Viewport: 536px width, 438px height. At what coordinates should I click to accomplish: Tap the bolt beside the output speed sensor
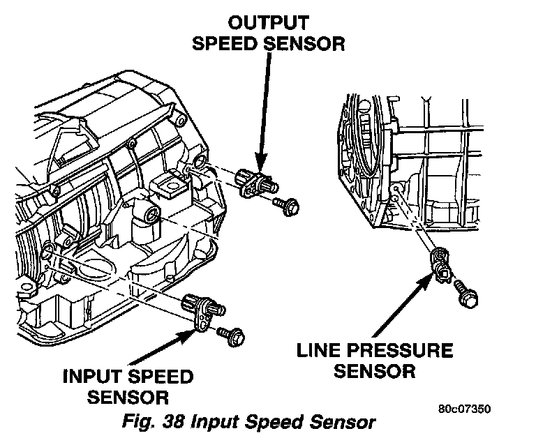point(288,205)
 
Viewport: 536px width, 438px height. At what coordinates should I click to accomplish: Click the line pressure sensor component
point(441,263)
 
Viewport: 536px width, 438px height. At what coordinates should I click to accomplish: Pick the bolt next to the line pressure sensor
point(466,293)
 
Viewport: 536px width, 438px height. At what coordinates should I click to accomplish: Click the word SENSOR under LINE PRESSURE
point(374,370)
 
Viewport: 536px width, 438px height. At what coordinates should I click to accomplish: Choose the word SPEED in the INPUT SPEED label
point(161,377)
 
